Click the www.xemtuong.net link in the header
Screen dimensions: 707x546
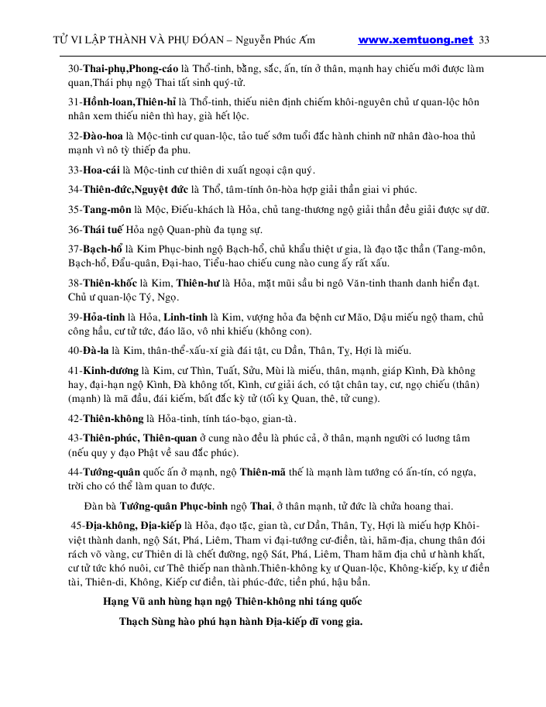[x=416, y=39]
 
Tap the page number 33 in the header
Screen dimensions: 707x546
[x=485, y=39]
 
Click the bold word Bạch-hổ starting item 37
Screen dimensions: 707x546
[x=105, y=249]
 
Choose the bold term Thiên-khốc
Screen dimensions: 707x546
[x=112, y=283]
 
